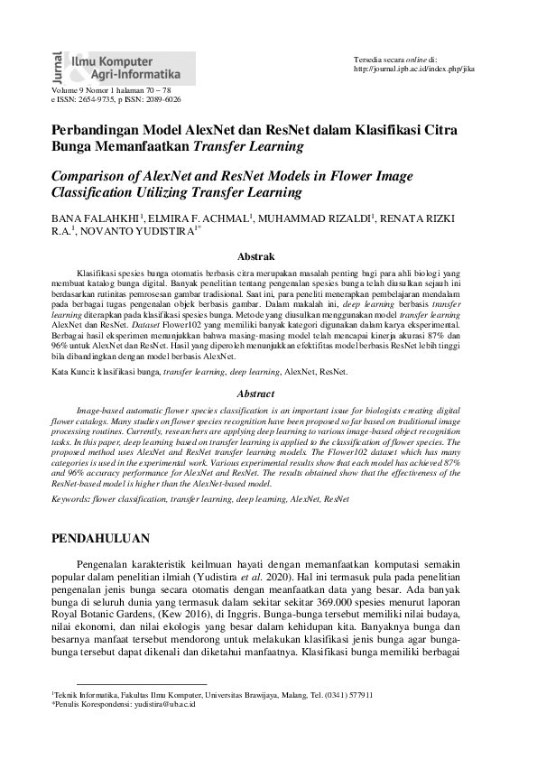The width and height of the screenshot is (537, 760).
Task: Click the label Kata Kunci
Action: [72, 371]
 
